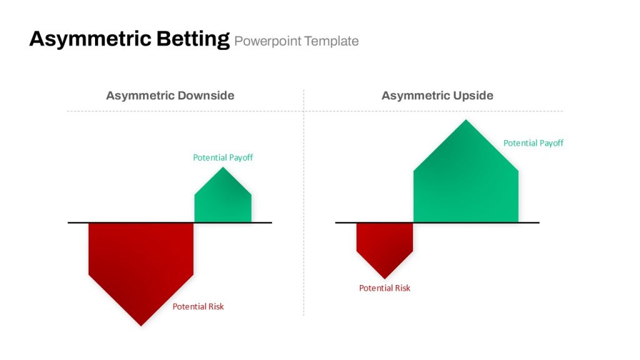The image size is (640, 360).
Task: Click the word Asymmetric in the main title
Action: tap(90, 39)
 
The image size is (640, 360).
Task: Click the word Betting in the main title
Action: tap(193, 39)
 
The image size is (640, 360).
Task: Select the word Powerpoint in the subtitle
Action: tap(267, 41)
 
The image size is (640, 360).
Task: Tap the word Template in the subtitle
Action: tap(331, 41)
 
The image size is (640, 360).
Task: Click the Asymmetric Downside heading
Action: tap(170, 96)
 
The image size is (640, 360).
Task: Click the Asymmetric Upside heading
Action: tap(437, 96)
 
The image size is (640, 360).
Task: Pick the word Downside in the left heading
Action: tap(206, 95)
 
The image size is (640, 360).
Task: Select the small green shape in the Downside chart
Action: tap(223, 199)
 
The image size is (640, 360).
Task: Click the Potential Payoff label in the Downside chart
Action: tap(223, 157)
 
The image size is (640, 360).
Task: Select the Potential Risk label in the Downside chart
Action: tap(198, 306)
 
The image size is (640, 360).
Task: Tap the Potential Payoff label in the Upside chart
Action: tap(533, 143)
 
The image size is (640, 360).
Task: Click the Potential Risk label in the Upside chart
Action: tap(384, 288)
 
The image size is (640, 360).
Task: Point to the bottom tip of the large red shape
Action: tap(141, 326)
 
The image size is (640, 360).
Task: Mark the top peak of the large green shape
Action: tap(466, 119)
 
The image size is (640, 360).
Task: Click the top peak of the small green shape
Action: tap(223, 167)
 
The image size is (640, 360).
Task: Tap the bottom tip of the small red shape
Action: tap(384, 278)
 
